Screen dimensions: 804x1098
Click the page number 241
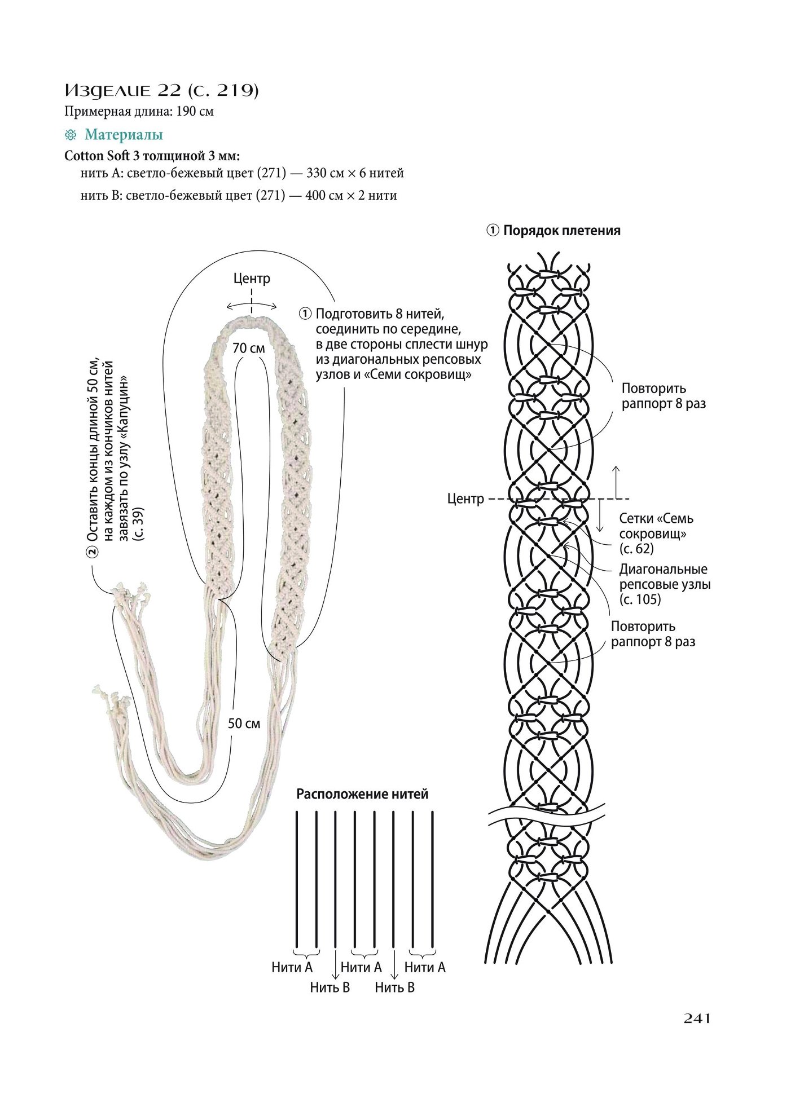coord(697,1018)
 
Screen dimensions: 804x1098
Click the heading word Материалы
coord(124,135)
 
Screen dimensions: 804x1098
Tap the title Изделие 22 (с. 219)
coord(161,90)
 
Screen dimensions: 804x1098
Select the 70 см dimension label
coord(249,348)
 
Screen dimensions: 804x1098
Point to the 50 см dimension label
coord(244,723)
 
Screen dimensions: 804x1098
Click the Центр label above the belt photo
coord(252,279)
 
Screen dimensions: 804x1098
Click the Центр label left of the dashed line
coord(465,499)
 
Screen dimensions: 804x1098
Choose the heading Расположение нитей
coord(362,794)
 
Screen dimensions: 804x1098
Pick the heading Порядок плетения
coord(562,231)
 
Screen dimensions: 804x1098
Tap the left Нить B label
coord(330,987)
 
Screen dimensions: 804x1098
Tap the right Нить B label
coord(395,987)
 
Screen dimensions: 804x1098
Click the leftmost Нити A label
coord(292,967)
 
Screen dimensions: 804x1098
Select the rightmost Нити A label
coord(425,967)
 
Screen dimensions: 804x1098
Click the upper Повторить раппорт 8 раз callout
coord(664,396)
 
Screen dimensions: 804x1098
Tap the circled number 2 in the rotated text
coord(92,551)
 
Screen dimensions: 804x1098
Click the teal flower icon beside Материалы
coord(71,135)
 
